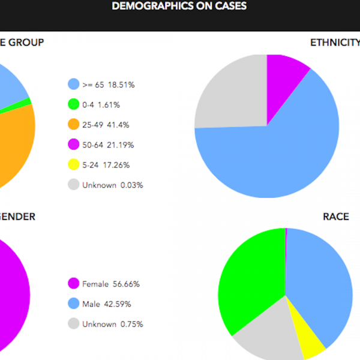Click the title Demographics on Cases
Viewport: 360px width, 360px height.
click(x=179, y=7)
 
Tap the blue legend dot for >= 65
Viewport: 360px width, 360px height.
click(x=74, y=85)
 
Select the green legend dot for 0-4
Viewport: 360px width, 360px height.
click(x=74, y=104)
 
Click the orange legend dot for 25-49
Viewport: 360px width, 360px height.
click(x=74, y=125)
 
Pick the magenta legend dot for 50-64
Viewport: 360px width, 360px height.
click(x=74, y=145)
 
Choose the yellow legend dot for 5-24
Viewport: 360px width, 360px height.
click(x=74, y=164)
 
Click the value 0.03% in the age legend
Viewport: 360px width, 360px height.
click(x=132, y=185)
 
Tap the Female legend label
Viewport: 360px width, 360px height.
click(x=95, y=284)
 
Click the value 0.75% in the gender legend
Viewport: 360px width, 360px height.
click(x=132, y=324)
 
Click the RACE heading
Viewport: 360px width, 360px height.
click(x=336, y=217)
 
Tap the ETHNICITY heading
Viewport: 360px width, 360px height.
click(x=335, y=43)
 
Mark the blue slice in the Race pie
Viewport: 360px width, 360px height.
click(x=321, y=282)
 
